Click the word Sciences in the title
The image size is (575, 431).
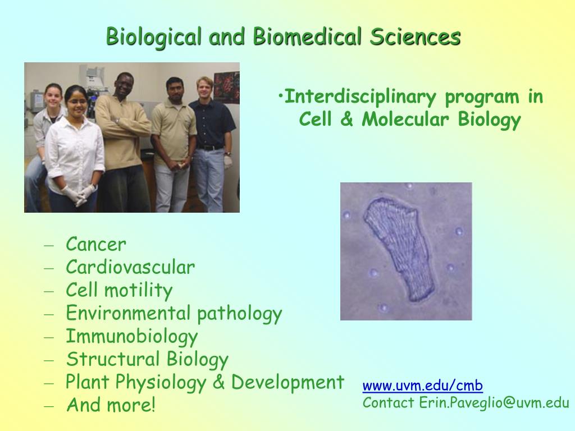[x=415, y=36]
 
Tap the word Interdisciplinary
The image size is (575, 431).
[x=360, y=98]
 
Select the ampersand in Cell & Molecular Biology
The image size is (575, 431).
[x=346, y=119]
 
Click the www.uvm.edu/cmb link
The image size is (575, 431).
[x=422, y=386]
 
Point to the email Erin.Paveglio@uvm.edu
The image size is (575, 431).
[x=494, y=402]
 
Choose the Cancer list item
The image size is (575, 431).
[x=96, y=244]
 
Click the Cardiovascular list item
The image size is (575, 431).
[x=130, y=267]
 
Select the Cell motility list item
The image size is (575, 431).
[x=119, y=290]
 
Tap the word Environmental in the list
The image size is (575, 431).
[x=129, y=313]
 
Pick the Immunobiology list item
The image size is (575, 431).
[x=131, y=337]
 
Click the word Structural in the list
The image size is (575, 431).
[x=112, y=359]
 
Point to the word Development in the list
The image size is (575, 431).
[x=287, y=382]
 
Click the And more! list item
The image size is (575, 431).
[x=111, y=405]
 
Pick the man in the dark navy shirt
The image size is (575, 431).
[x=212, y=144]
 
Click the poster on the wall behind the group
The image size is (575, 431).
[x=227, y=87]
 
